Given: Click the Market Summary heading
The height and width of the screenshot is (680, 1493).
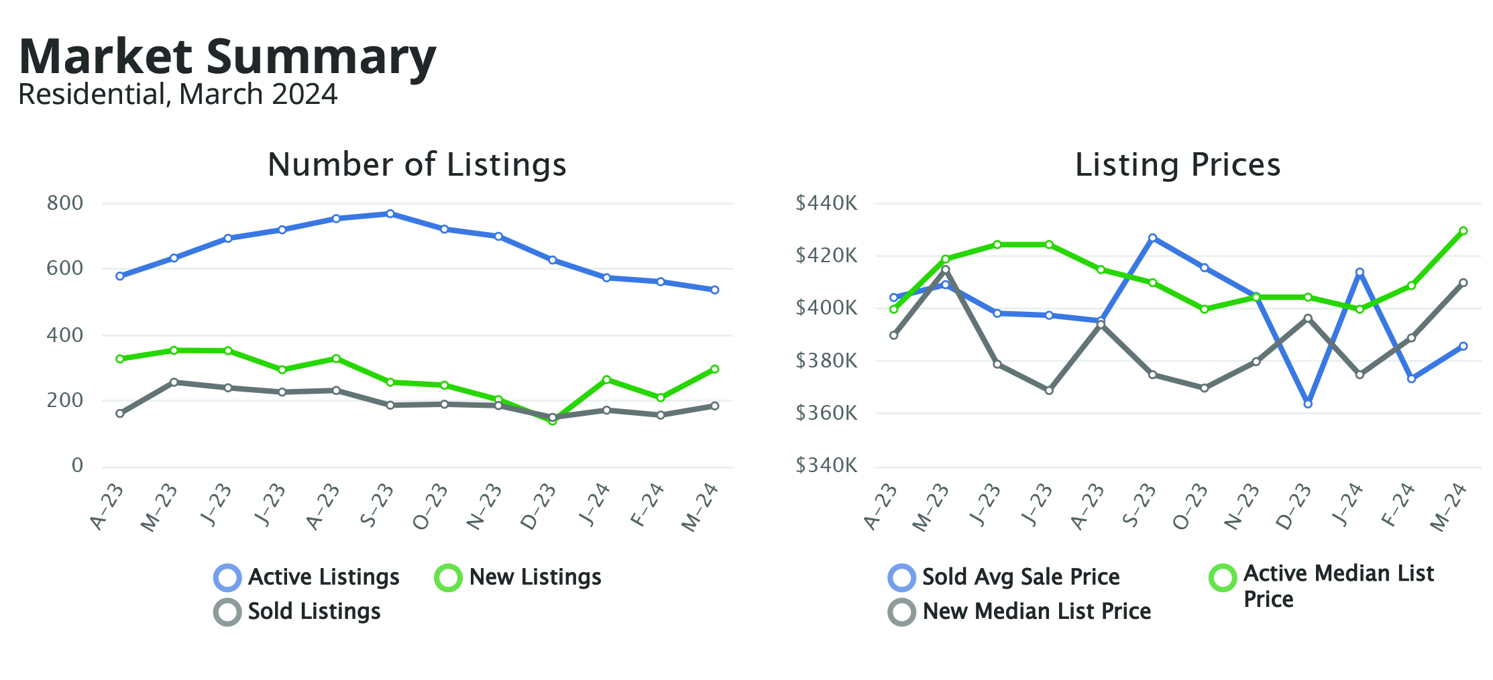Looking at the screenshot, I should tap(228, 56).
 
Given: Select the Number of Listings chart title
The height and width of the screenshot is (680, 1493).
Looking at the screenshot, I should tap(417, 164).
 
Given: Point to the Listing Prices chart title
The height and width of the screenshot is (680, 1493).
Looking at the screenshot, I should tap(1177, 164).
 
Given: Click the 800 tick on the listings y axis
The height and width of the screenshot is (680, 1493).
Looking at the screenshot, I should tap(65, 203).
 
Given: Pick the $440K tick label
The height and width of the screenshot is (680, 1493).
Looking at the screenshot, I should tap(826, 203).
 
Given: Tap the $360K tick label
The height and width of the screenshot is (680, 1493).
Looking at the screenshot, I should tap(826, 412).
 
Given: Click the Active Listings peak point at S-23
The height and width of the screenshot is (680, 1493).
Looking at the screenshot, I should tap(390, 214).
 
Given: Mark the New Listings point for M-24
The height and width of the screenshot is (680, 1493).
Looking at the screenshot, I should tap(715, 369).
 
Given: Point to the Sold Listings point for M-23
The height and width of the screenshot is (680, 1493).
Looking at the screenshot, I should tap(174, 382).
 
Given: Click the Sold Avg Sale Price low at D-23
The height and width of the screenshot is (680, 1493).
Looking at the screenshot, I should tap(1308, 404).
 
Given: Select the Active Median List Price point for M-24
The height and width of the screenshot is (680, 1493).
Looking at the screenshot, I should tap(1463, 231).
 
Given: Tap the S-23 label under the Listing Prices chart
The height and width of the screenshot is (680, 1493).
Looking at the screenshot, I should tap(1140, 506).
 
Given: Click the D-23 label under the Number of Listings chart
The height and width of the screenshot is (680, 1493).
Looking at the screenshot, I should tap(539, 507).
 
